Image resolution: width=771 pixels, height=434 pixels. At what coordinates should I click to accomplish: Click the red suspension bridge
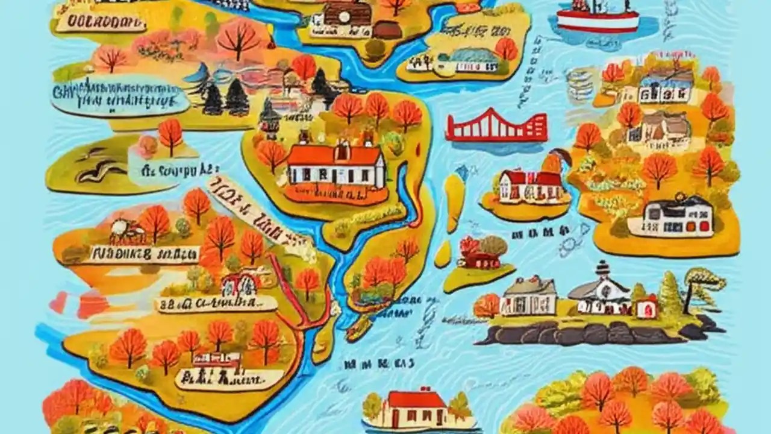pyautogui.click(x=496, y=127)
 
